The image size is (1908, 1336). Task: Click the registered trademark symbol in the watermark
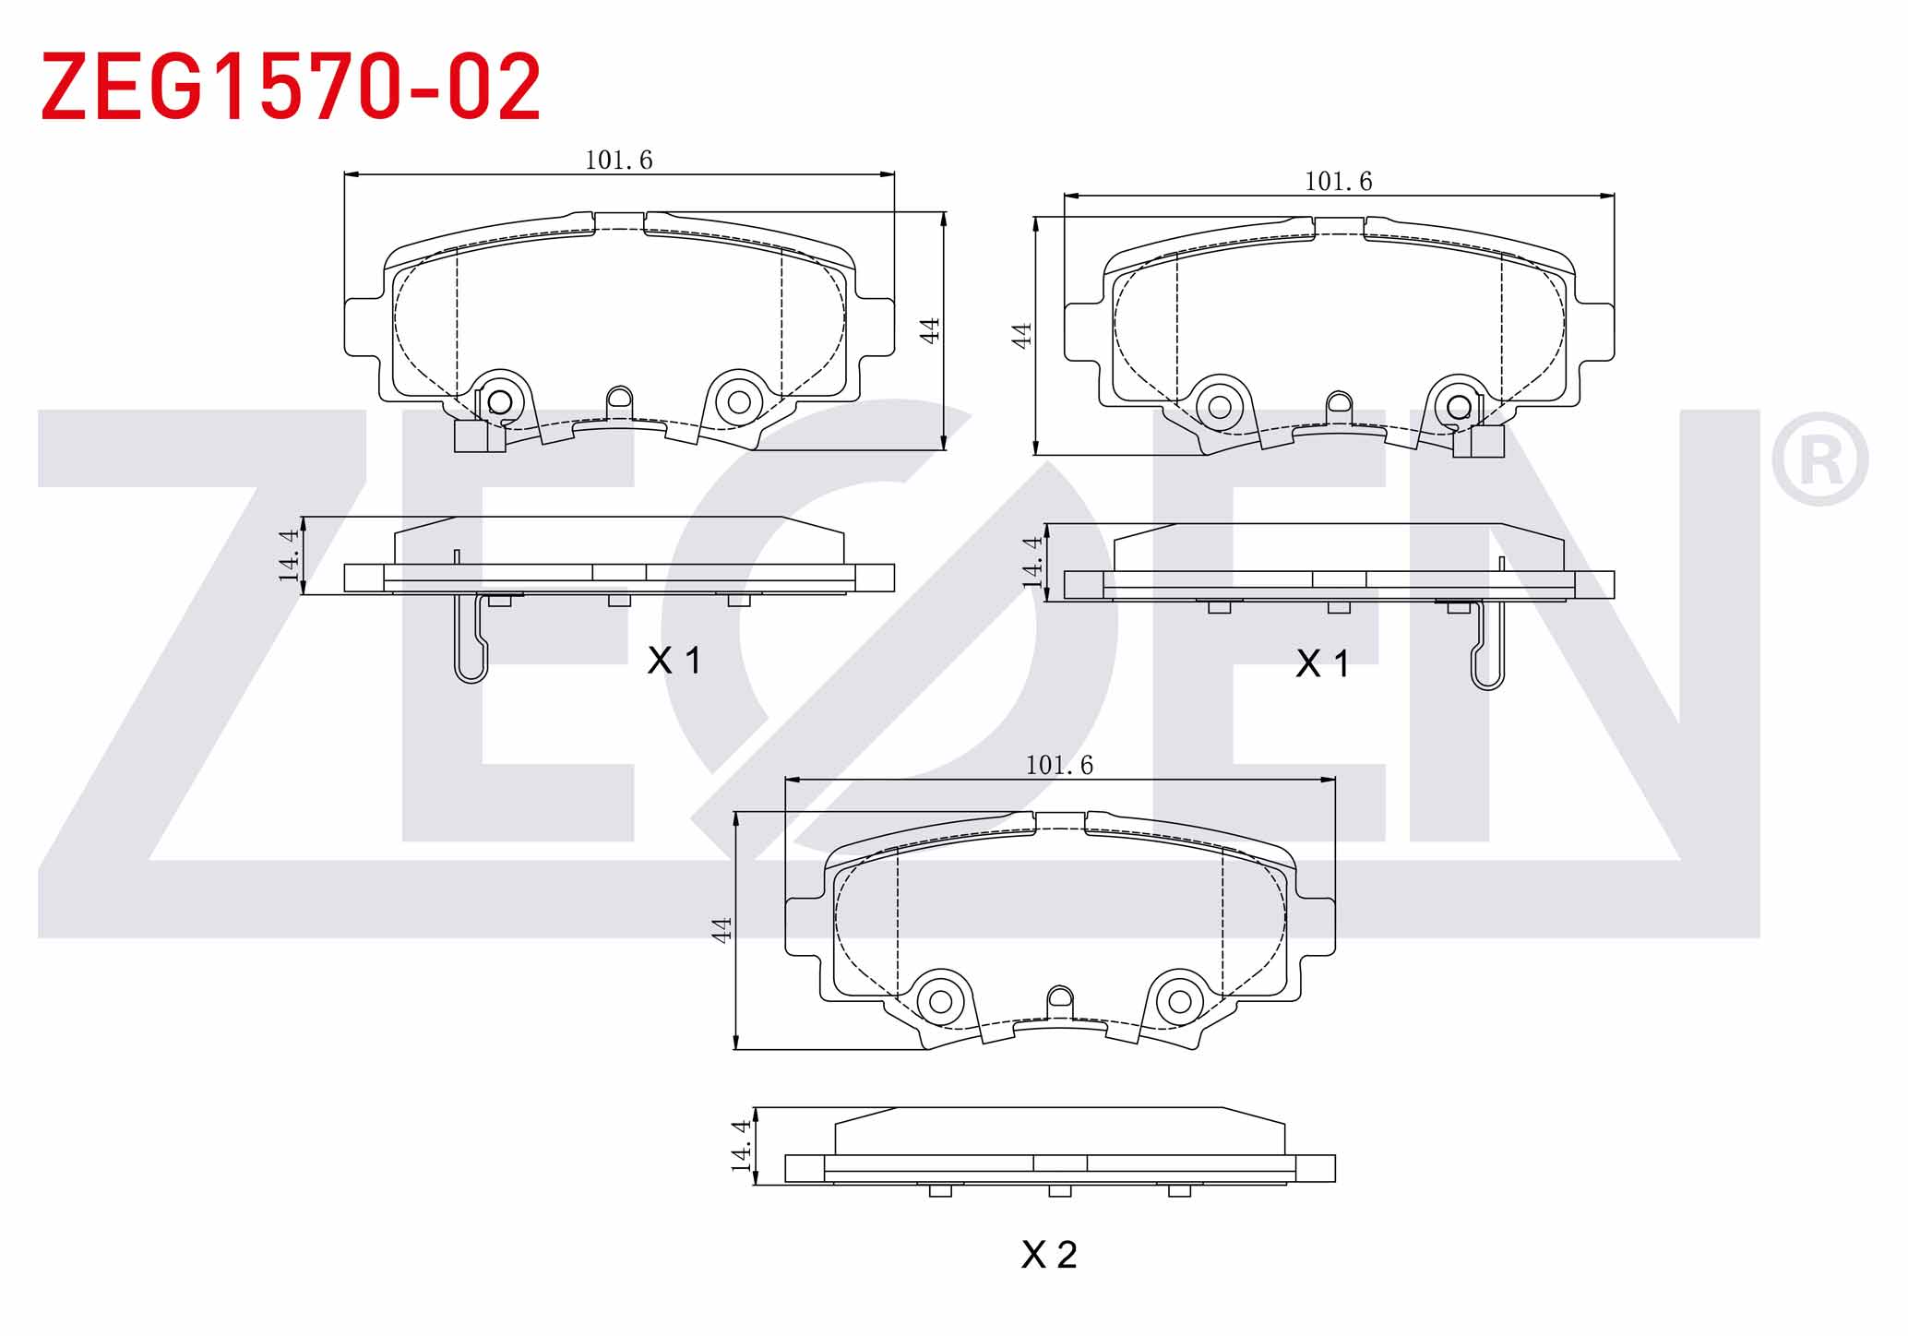[x=1819, y=459]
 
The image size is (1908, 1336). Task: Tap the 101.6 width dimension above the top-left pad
[x=618, y=161]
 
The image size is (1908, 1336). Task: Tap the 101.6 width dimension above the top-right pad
[x=1338, y=182]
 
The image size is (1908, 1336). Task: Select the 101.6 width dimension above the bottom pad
[x=1059, y=766]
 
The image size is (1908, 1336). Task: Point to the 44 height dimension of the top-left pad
[x=930, y=330]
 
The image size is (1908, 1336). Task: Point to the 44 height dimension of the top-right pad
[x=1020, y=335]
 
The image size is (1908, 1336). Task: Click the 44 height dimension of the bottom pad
[x=721, y=929]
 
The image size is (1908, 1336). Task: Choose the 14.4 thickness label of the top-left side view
[x=289, y=555]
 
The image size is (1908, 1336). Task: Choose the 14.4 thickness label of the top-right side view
[x=1032, y=562]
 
